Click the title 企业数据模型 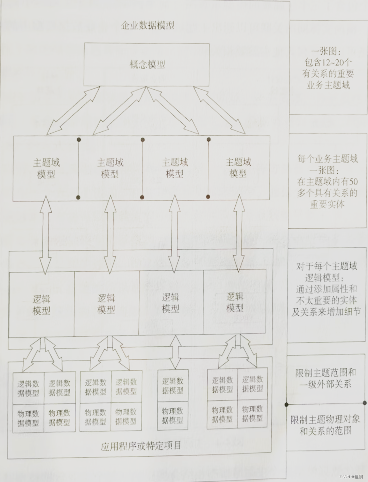click(x=148, y=26)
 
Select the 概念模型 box click(x=147, y=64)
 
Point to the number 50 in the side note click(x=353, y=182)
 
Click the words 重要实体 click(x=327, y=204)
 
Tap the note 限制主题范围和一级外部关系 click(x=326, y=378)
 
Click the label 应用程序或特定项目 click(x=141, y=446)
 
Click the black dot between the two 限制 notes click(x=287, y=404)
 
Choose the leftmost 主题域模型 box click(x=46, y=168)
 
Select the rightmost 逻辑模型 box click(x=235, y=302)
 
